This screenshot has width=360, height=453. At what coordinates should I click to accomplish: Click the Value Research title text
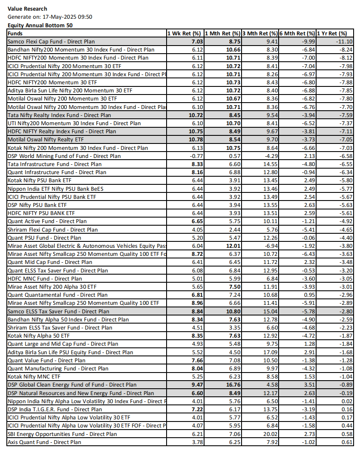[27, 9]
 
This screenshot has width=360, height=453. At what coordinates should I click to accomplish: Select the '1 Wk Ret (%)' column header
[184, 33]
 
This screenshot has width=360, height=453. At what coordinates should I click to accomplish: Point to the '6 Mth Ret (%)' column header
[297, 33]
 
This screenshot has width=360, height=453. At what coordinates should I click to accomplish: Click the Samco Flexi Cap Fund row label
[51, 42]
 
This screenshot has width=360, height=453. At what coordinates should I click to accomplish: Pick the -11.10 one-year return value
[344, 42]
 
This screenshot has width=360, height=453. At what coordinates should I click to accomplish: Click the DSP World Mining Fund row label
[64, 156]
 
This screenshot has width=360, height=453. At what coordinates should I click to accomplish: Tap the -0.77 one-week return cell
[194, 156]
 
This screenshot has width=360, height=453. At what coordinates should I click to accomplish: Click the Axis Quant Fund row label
[44, 442]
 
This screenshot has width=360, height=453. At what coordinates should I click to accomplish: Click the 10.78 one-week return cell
[193, 140]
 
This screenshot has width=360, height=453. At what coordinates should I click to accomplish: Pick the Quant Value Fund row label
[46, 360]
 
